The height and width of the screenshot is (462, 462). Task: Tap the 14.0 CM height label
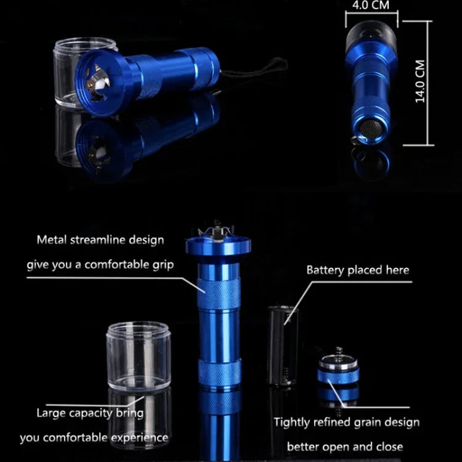pos(421,81)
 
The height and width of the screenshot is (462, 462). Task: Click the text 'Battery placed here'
pos(357,270)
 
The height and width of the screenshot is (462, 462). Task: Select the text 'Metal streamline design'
pos(100,240)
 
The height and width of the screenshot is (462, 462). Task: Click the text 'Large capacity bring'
pos(90,413)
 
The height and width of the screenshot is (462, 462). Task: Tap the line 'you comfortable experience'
pos(94,438)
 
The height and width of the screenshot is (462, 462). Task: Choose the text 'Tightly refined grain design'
pos(346,423)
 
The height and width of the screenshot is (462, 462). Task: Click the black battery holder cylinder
pos(283,345)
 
